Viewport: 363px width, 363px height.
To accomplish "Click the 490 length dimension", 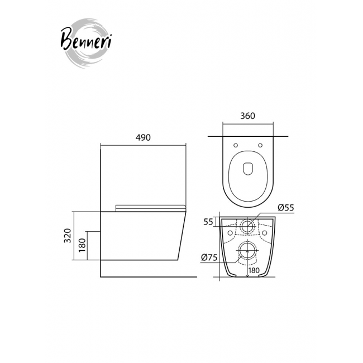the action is (143, 137).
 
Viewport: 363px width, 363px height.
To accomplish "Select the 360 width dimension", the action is (247, 116).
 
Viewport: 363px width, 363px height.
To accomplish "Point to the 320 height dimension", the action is (68, 236).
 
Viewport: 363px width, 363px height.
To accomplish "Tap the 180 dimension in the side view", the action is (83, 245).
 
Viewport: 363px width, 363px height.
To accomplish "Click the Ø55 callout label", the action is (286, 208).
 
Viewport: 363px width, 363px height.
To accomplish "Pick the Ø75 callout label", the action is (209, 257).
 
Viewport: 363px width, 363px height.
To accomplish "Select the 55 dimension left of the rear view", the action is (208, 222).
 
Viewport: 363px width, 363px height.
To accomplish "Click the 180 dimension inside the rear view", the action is (254, 270).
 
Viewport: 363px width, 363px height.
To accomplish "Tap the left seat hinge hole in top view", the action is (236, 145).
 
